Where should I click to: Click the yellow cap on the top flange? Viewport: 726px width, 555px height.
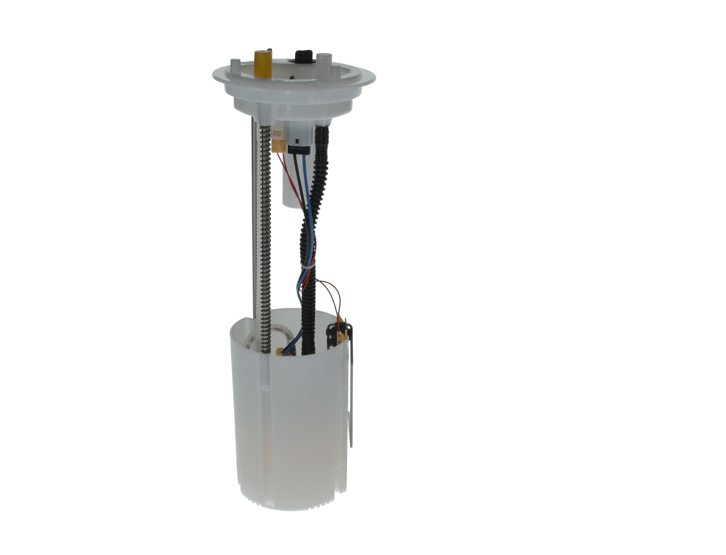[263, 63]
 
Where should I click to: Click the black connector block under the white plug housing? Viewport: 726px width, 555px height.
[298, 150]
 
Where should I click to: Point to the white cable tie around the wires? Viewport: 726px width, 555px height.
[307, 264]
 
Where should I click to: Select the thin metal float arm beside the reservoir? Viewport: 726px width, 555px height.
[352, 397]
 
